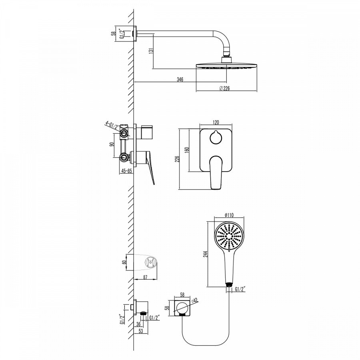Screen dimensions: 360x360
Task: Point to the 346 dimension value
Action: (180, 80)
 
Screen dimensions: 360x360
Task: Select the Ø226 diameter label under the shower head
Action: (224, 88)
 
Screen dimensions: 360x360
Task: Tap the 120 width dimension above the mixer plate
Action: (216, 122)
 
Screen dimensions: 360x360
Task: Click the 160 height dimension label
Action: (187, 150)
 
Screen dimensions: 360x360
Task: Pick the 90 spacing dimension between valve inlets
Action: (112, 144)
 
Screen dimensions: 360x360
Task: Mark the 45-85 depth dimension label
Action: (126, 171)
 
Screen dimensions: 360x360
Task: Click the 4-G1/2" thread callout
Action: (113, 125)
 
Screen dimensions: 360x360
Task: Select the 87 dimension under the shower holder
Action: (145, 277)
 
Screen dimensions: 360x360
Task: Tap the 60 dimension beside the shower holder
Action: (124, 262)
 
